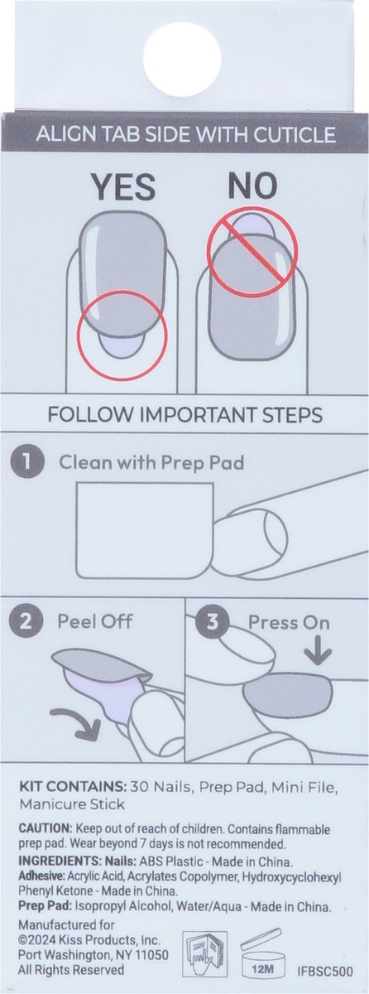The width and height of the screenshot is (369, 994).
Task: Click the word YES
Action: (122, 186)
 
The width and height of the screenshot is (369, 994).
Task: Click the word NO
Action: (247, 186)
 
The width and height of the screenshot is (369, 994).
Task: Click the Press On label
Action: (276, 620)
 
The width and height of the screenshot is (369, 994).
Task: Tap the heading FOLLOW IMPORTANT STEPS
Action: (184, 413)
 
